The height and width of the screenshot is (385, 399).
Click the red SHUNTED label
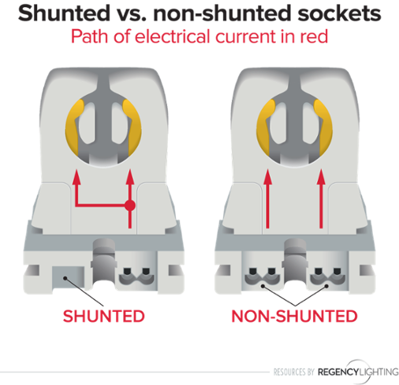104,316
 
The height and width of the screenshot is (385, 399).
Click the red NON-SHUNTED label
294,316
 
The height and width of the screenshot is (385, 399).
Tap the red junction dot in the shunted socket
130,205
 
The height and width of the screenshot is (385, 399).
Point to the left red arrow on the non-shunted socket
267,198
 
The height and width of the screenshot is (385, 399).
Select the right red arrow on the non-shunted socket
321,198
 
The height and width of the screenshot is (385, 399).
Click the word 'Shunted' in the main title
65,13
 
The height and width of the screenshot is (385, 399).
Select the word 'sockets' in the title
339,13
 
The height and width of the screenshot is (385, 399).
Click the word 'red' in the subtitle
314,36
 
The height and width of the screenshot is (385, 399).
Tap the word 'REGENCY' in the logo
338,372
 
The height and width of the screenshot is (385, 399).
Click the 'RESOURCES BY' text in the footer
294,372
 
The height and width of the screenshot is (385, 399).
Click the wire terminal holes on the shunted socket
136,277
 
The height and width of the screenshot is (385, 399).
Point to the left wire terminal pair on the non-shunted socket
262,277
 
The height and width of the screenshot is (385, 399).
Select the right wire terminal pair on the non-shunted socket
328,277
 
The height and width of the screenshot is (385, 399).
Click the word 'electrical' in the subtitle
173,36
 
